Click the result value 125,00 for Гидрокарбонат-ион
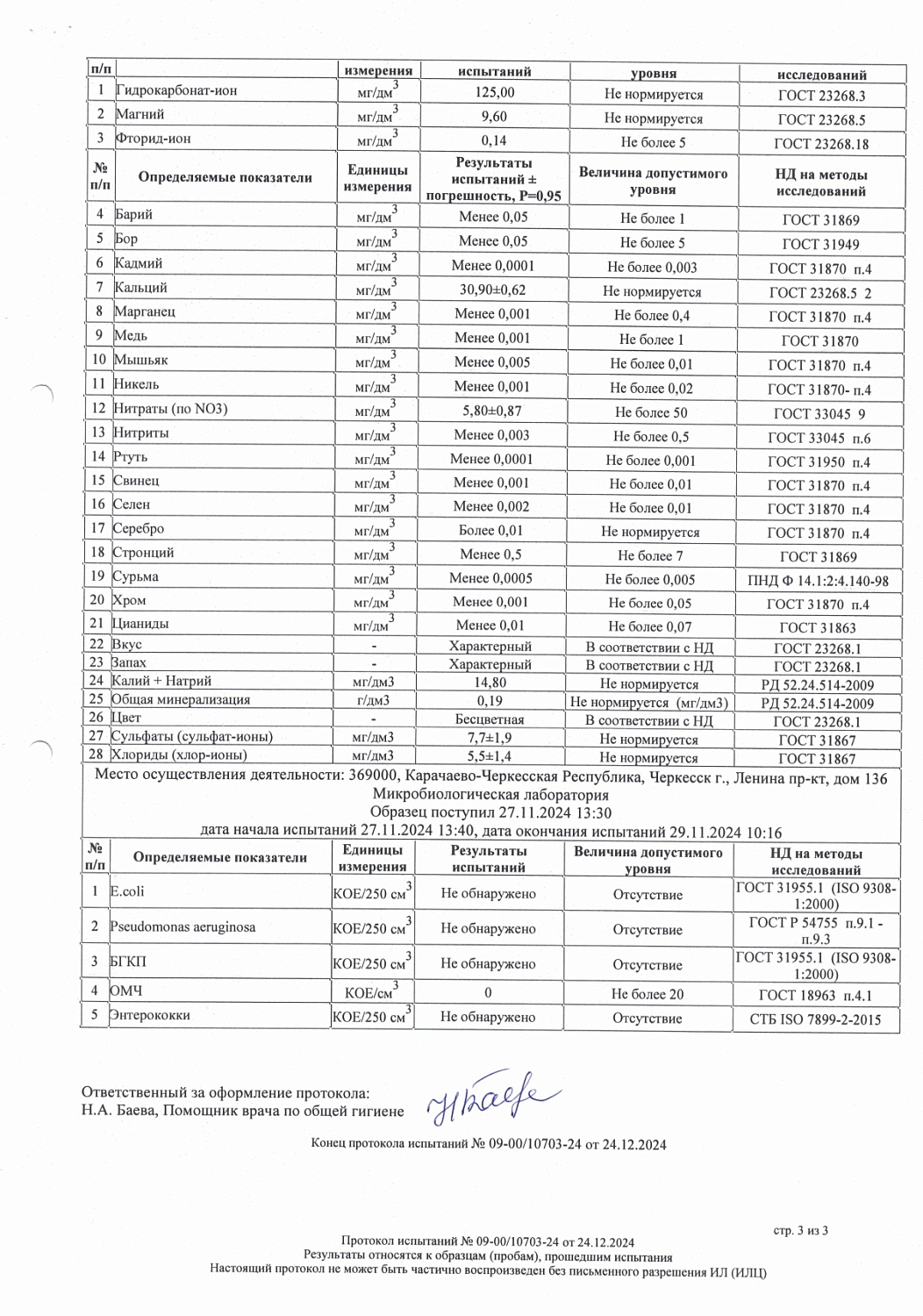[x=494, y=93]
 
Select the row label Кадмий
[x=139, y=263]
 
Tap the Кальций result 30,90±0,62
[x=492, y=290]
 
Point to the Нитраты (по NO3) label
[x=170, y=409]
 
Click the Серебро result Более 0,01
[x=490, y=530]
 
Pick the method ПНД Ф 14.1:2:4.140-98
[x=818, y=581]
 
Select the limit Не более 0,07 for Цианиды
[x=650, y=626]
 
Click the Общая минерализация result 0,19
[x=490, y=701]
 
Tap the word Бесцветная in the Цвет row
[x=490, y=719]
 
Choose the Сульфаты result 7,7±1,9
[x=490, y=738]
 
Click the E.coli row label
[x=127, y=891]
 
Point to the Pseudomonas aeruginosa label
[x=182, y=927]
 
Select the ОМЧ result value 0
[x=488, y=993]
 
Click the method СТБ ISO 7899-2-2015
[x=815, y=1019]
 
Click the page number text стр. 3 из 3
[x=800, y=1231]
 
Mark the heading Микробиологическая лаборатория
[x=490, y=795]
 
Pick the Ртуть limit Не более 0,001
[x=650, y=461]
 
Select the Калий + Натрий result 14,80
[x=490, y=683]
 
